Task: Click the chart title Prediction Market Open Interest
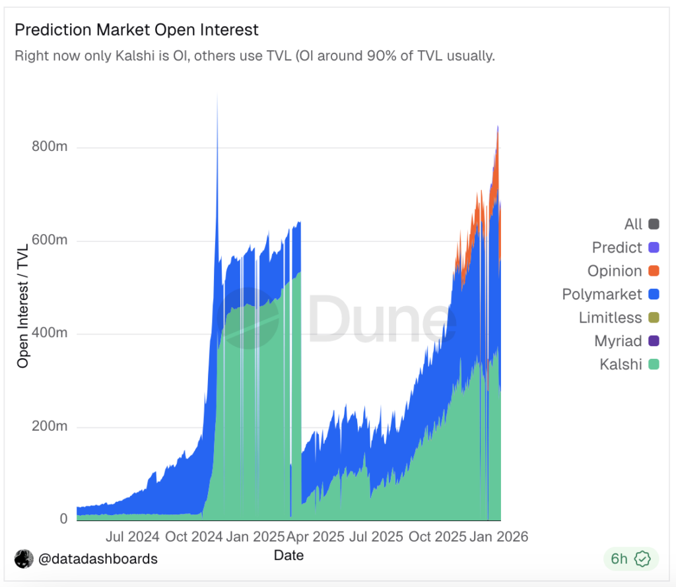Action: (137, 30)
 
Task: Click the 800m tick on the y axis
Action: (50, 147)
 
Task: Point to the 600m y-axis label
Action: (50, 241)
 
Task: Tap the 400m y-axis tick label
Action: (50, 334)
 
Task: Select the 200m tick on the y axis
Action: (50, 427)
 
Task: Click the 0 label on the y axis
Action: (63, 519)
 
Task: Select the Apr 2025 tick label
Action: (314, 536)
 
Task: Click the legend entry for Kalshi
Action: (621, 364)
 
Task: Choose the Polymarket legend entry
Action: (602, 294)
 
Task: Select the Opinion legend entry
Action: (615, 271)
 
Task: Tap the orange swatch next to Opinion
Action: (654, 271)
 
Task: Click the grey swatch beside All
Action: (654, 224)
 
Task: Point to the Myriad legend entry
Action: (618, 341)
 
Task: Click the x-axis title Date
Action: (288, 555)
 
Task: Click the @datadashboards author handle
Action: (98, 559)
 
